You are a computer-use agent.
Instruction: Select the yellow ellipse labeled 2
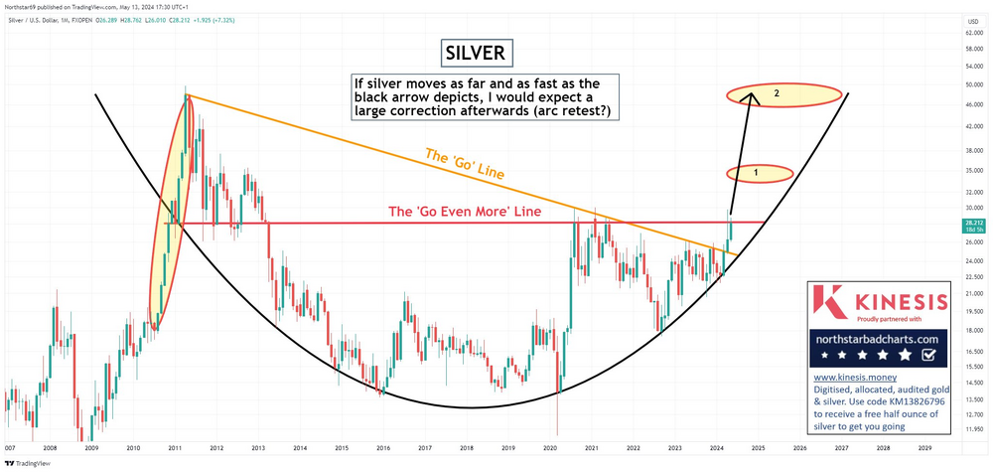(x=777, y=94)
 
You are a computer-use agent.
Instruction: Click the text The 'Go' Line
(x=465, y=163)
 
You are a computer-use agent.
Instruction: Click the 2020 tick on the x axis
(x=550, y=448)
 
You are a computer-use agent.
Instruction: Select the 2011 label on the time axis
(x=173, y=448)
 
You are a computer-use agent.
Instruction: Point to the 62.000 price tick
(x=974, y=33)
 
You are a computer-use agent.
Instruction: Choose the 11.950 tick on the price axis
(x=974, y=428)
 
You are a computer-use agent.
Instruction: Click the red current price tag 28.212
(x=974, y=225)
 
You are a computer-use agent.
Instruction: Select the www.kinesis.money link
(x=850, y=378)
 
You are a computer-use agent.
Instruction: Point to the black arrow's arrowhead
(x=752, y=96)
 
